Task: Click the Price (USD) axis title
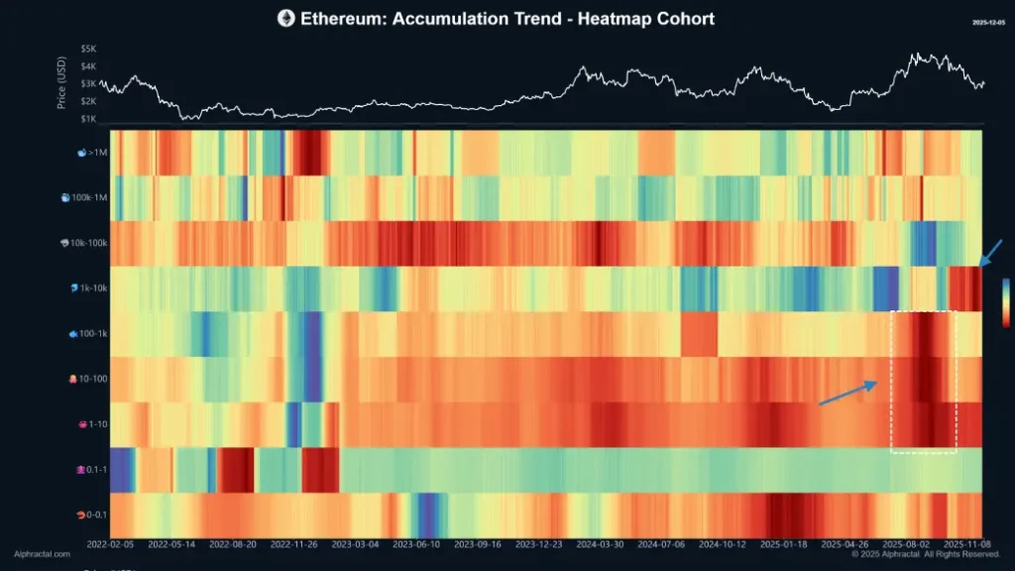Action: point(61,83)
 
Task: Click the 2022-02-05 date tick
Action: point(110,544)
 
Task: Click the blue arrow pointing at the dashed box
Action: point(848,393)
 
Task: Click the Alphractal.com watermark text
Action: point(41,555)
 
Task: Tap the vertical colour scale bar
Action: point(1007,301)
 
